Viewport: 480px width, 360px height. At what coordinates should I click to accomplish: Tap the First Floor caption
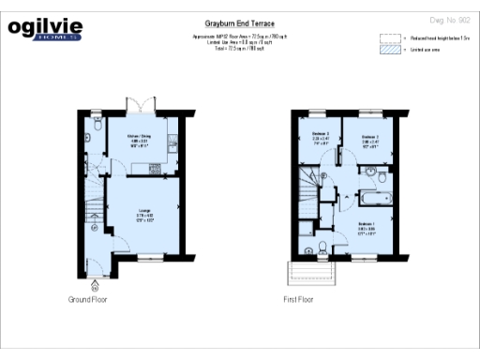pos(298,299)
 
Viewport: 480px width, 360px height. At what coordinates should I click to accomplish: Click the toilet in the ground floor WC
pos(97,123)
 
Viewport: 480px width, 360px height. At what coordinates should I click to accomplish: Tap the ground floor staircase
pos(93,201)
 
